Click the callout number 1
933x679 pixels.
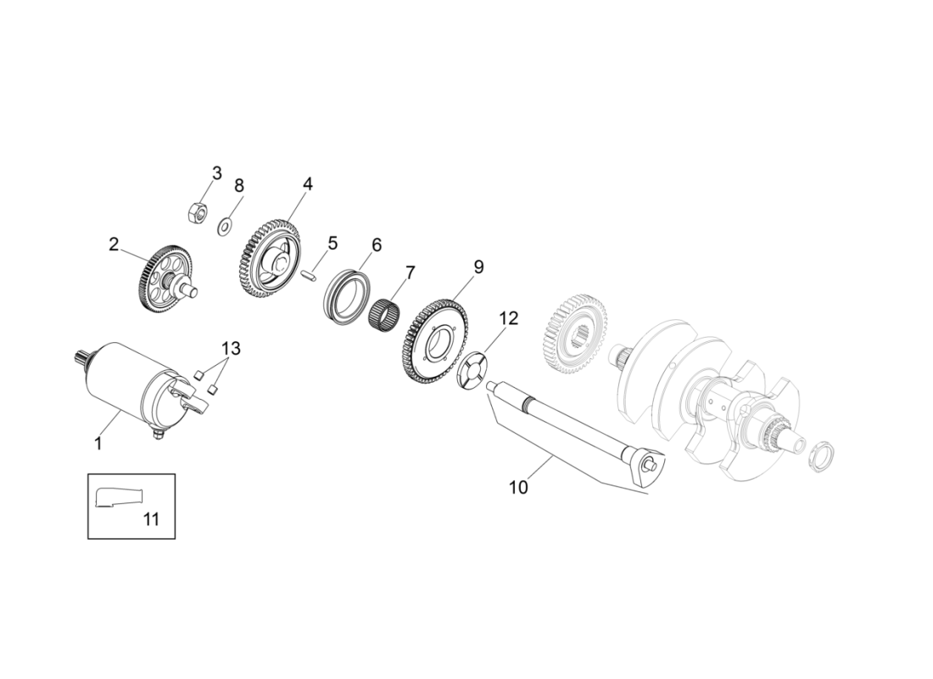point(98,442)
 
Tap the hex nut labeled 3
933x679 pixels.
point(195,212)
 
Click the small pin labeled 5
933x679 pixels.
point(310,274)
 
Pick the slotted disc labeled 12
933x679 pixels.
point(478,369)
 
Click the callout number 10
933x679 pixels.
point(518,487)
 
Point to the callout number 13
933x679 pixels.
point(231,348)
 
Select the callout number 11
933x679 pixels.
point(150,519)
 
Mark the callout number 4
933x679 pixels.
point(308,184)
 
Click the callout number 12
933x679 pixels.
point(507,318)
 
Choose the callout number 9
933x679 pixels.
point(478,267)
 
